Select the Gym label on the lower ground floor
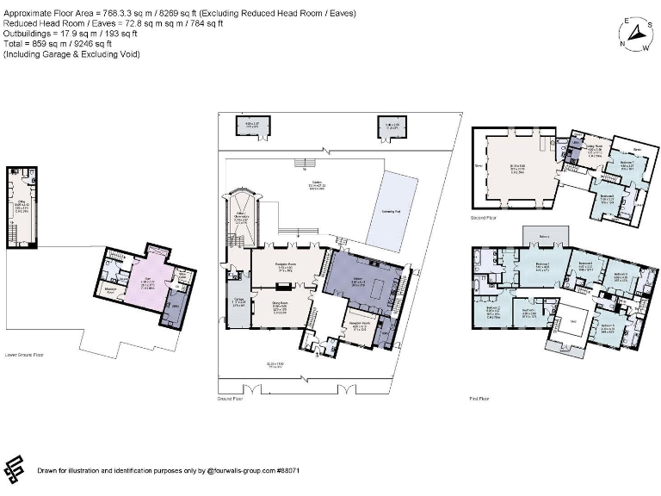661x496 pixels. tap(147, 281)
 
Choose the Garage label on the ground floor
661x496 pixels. tap(238, 301)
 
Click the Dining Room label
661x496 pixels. tap(280, 306)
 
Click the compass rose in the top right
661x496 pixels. tap(637, 34)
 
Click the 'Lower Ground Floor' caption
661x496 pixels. tap(23, 355)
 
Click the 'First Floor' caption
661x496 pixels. tap(480, 399)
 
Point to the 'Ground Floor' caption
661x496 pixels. tap(233, 400)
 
